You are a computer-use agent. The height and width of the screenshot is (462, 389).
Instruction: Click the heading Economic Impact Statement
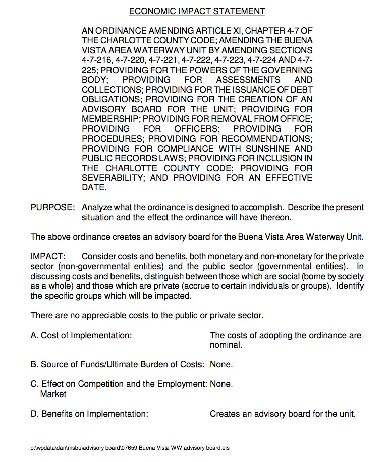click(197, 11)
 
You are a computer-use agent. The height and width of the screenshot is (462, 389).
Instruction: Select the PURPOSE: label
click(53, 208)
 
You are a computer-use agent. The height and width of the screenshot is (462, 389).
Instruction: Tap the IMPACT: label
click(48, 256)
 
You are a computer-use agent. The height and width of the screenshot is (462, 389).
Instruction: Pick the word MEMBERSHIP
click(110, 119)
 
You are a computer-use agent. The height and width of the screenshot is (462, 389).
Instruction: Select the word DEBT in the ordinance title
click(302, 90)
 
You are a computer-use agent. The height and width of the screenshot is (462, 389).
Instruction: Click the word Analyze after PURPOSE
click(98, 208)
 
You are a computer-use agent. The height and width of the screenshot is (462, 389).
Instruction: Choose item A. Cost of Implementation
click(81, 335)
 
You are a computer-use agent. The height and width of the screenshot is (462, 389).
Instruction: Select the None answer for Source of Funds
click(221, 364)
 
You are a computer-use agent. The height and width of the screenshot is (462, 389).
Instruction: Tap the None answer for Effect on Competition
click(221, 384)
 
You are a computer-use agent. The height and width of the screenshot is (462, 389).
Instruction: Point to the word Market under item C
click(53, 394)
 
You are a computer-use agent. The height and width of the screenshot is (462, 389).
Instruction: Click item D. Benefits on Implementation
click(89, 414)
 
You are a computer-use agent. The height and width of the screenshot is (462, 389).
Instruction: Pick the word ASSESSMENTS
click(248, 80)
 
